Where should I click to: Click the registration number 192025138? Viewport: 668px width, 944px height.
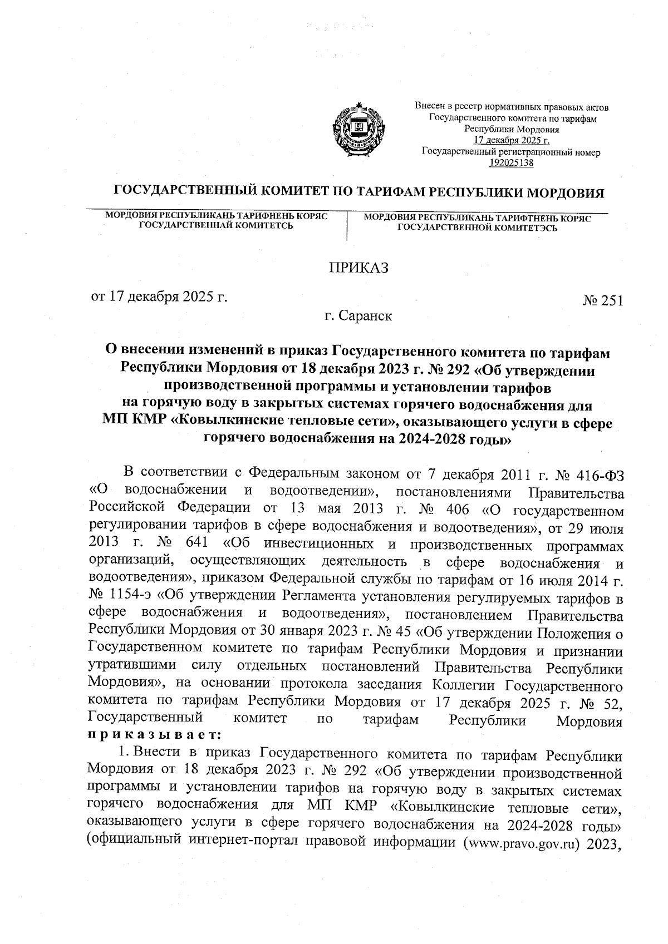[511, 163]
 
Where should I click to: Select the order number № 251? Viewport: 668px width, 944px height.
[602, 301]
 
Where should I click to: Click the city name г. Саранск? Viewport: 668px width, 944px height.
[358, 317]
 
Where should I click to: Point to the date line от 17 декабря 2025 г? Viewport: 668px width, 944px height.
[160, 296]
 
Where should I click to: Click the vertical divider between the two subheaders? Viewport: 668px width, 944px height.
[347, 225]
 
